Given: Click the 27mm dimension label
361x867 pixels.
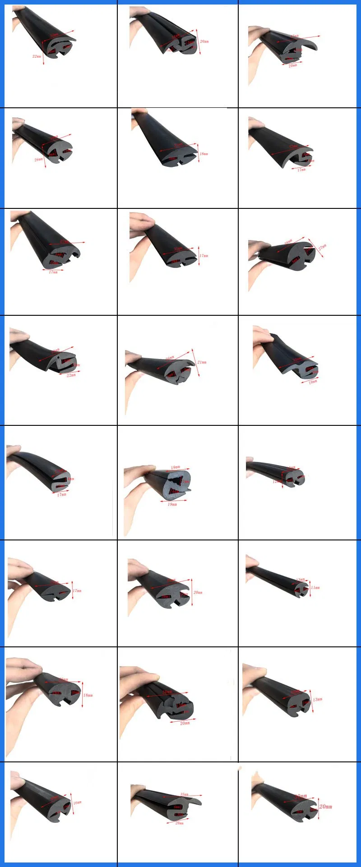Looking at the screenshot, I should [322, 247].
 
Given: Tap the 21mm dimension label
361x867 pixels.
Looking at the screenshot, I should [202, 362].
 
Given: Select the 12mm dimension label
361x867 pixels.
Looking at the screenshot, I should [276, 482].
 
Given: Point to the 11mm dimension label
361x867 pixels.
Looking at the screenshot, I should [315, 588].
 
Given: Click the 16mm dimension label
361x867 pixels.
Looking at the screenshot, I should [78, 802].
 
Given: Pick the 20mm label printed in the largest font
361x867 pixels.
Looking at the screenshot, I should [325, 807].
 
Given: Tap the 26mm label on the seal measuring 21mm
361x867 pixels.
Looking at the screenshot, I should [170, 358].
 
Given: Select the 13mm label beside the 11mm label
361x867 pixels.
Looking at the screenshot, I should [301, 580].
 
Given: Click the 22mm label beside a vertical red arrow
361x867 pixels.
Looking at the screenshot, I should [37, 56].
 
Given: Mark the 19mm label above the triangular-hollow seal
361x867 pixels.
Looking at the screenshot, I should [176, 467].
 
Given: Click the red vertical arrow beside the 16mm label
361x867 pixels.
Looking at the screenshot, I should [71, 803].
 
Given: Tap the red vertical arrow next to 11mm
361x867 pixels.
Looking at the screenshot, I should [310, 589].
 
